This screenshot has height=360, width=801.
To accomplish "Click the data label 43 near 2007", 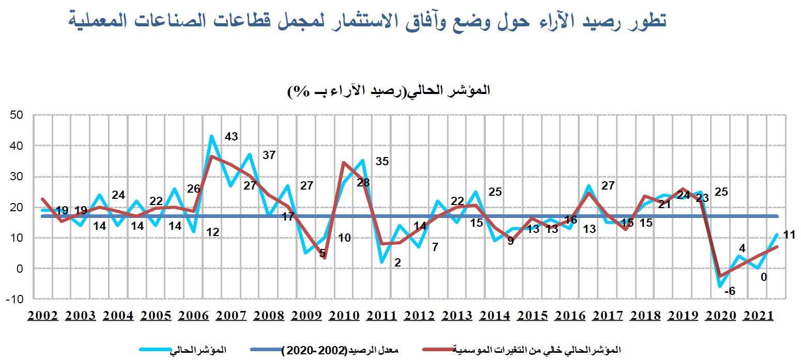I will coord(232,137).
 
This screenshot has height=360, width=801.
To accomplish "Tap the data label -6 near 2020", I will coord(730,292).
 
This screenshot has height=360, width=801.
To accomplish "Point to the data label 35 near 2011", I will coord(382,161).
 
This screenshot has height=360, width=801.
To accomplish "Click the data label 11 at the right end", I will coord(789,234).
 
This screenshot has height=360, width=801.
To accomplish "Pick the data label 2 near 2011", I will coord(397,262).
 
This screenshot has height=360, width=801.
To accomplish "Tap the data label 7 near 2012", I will coord(435,247).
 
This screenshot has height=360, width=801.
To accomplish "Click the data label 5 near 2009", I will coord(322,253).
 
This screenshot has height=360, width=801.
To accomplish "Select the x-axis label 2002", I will coord(43,316).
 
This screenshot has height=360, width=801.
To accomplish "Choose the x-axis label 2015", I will coord(533,316).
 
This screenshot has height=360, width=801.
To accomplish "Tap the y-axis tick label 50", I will coord(17,115).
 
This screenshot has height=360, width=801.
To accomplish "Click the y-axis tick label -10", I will coord(16,300).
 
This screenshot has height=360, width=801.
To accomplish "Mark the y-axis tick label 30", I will coord(17,177).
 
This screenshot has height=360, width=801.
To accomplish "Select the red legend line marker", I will coord(437,350).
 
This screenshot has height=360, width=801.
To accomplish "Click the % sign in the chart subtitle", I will coord(298,90).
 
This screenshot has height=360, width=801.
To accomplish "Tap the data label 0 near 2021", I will coord(763,277).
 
